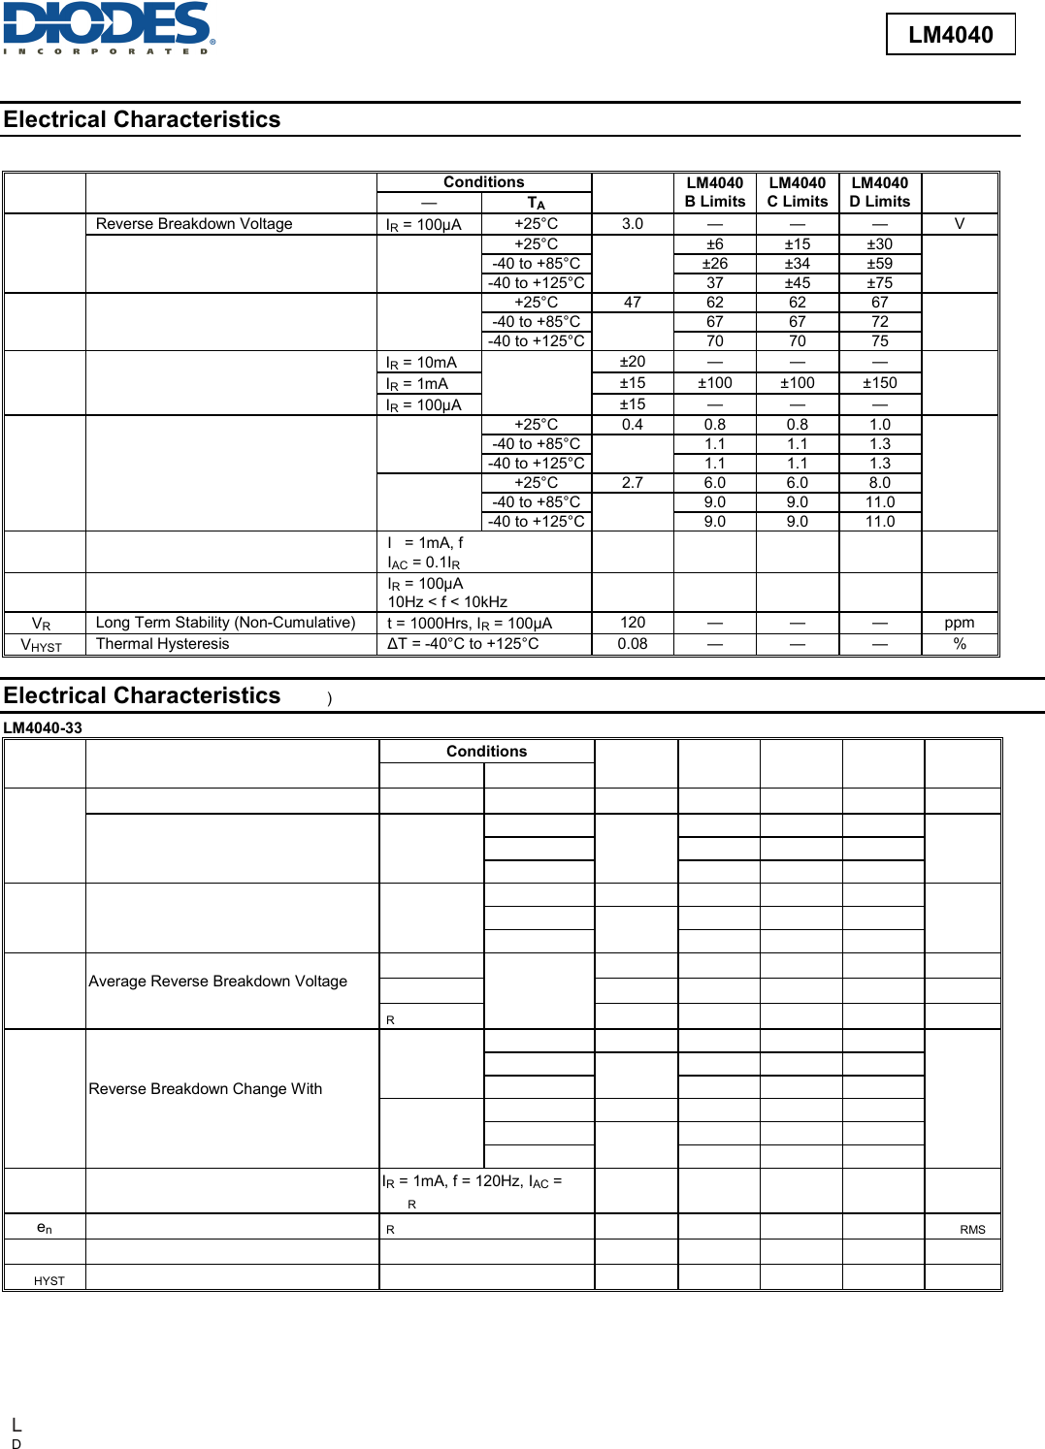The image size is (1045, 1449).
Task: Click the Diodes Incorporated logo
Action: pos(109,28)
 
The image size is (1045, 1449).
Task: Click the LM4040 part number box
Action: pos(950,35)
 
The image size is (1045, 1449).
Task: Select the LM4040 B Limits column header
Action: pos(715,192)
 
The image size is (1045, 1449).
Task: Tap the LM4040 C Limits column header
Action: pos(798,192)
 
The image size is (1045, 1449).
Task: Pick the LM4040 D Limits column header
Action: pos(880,192)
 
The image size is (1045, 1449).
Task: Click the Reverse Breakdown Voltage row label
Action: pos(194,224)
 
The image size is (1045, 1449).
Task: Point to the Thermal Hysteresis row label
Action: pos(163,644)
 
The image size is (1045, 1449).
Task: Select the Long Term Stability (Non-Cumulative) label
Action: pos(226,623)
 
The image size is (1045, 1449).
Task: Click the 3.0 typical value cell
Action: pos(633,224)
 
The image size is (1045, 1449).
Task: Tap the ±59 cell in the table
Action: pos(880,264)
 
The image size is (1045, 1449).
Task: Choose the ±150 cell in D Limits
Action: pos(880,383)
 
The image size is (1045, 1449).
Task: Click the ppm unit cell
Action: pos(960,623)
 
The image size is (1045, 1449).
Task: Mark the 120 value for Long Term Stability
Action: pos(633,623)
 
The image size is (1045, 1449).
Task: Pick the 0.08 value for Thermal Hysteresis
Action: pos(633,644)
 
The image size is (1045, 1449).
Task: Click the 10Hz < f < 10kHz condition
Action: pos(447,602)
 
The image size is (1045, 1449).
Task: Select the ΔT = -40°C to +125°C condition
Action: pos(463,644)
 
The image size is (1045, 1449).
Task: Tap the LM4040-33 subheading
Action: pos(43,728)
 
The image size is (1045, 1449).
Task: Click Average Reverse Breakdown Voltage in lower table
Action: pos(218,982)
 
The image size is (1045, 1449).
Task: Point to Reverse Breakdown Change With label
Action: pos(206,1089)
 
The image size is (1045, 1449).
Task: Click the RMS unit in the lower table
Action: pos(972,1230)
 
